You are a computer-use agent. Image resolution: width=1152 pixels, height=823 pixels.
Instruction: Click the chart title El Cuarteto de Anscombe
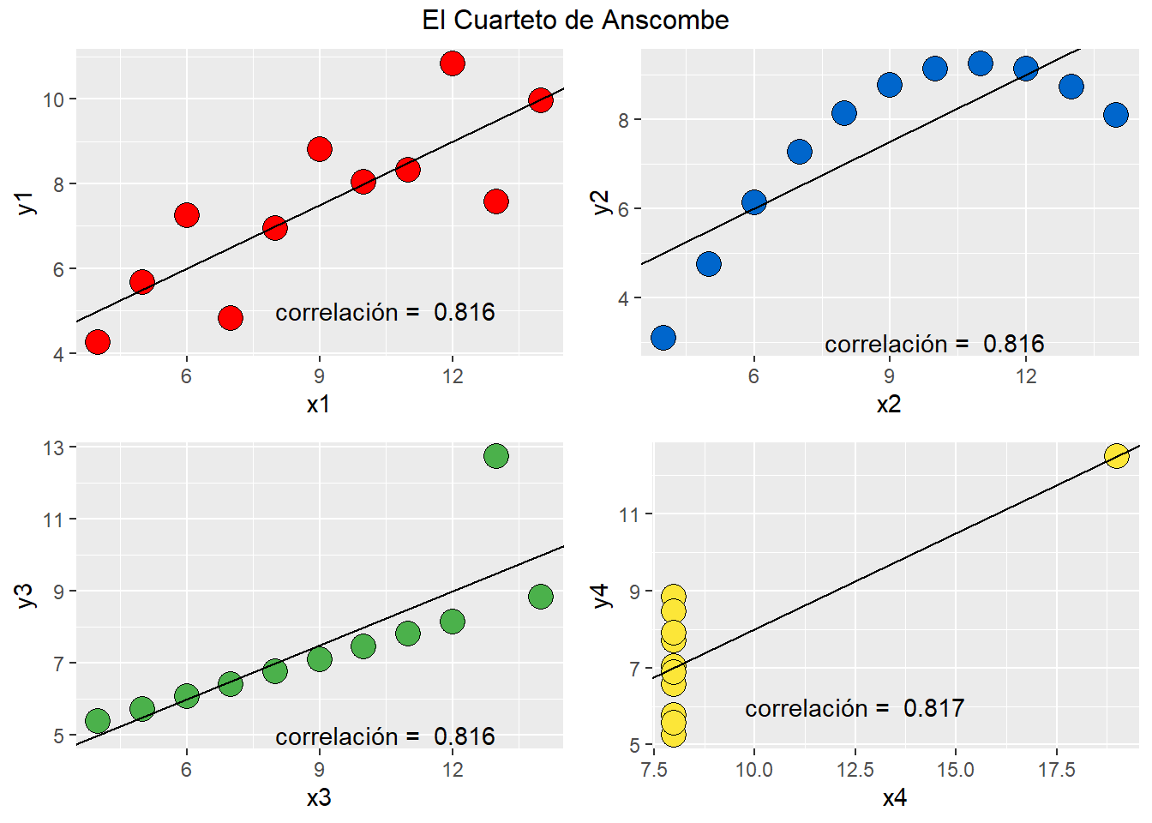click(575, 20)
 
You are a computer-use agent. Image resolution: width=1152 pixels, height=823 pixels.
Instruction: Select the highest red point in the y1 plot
click(452, 63)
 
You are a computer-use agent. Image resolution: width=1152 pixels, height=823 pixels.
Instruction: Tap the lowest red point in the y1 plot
click(98, 342)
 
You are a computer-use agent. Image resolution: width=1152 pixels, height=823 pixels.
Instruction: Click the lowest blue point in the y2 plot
click(663, 338)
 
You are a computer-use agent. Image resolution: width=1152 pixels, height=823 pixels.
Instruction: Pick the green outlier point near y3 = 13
click(496, 455)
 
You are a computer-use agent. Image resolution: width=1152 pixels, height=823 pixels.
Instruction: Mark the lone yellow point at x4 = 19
click(1116, 455)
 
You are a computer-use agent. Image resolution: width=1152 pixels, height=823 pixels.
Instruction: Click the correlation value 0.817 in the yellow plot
click(933, 708)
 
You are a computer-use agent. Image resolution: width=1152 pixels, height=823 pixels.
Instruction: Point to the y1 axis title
click(25, 203)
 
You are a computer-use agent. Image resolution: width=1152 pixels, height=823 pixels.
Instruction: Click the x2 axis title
click(889, 405)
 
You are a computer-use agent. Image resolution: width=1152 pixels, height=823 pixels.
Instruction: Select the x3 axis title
click(319, 798)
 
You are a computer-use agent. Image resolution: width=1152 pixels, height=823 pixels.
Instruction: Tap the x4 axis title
click(894, 798)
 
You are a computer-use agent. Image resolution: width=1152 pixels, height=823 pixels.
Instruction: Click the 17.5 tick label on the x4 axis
click(1056, 770)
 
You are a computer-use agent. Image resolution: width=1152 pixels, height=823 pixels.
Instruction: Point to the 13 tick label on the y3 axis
click(54, 448)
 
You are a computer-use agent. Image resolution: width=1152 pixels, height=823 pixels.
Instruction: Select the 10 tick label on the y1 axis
click(54, 99)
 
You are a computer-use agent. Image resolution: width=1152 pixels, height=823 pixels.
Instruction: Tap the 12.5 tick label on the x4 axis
click(855, 770)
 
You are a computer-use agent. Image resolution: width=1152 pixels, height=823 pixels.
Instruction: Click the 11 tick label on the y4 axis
click(629, 514)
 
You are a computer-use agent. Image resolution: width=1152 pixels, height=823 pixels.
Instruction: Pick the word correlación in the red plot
click(337, 313)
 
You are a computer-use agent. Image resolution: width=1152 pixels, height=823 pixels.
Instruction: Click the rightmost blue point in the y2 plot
click(1116, 114)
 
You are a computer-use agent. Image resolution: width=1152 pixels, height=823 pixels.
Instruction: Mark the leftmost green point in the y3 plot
click(98, 721)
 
